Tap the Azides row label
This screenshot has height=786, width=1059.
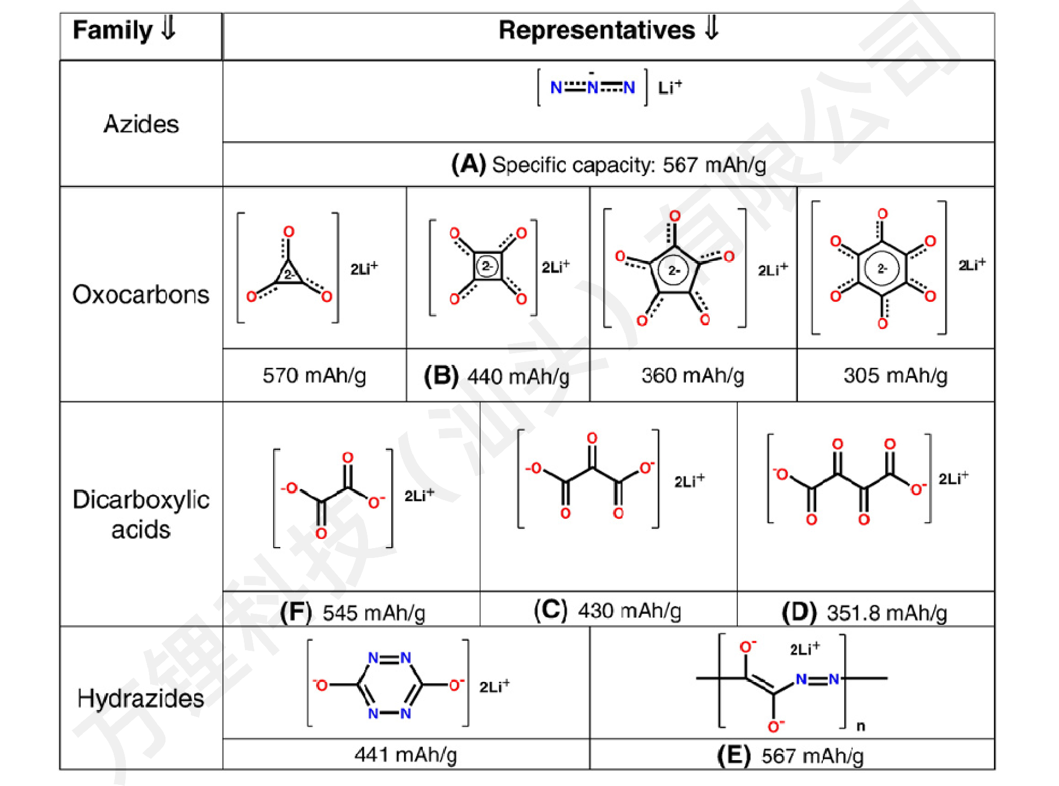tap(141, 124)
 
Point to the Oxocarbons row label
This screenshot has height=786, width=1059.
tap(141, 294)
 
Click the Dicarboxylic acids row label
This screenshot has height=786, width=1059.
tap(141, 514)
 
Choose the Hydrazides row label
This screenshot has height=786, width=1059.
tap(141, 698)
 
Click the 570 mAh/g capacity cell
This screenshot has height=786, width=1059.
tap(314, 375)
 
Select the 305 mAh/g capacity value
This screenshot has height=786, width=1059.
tap(895, 375)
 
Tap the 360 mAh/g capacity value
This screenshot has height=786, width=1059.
tap(693, 375)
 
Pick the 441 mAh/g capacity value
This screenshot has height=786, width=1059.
tap(406, 754)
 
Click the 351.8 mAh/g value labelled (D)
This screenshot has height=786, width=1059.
tap(886, 613)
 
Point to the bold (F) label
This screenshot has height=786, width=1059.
tap(296, 613)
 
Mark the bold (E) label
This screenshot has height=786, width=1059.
tap(733, 755)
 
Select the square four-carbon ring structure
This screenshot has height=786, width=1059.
tap(487, 267)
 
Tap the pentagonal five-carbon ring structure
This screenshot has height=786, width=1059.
tap(674, 269)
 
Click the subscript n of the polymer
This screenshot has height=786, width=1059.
tap(860, 726)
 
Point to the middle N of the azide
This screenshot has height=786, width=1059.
tap(593, 87)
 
